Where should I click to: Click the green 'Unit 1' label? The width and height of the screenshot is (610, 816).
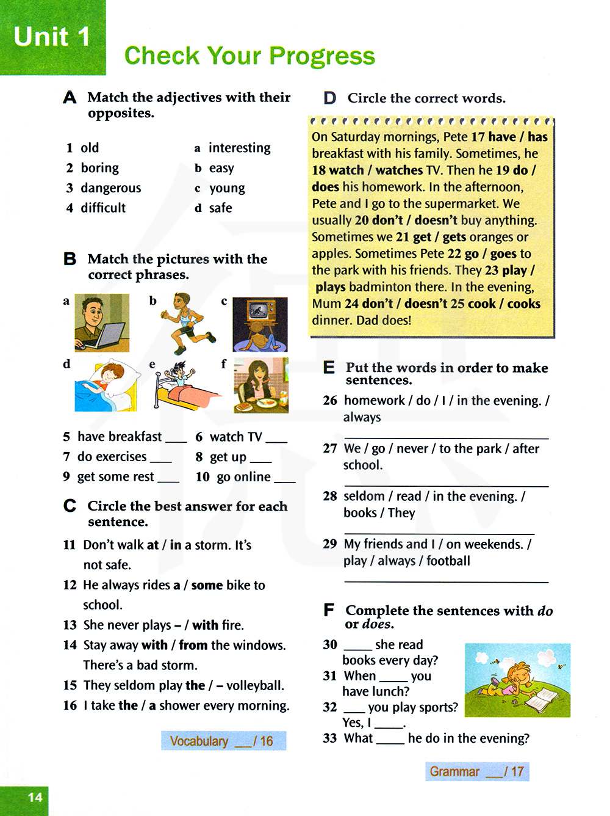tap(52, 37)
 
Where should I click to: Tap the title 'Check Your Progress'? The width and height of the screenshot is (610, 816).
tap(249, 56)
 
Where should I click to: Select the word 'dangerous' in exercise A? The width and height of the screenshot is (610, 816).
tap(110, 188)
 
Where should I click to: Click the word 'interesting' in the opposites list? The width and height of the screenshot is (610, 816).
tap(239, 148)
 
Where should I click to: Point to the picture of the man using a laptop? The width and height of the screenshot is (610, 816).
tap(102, 322)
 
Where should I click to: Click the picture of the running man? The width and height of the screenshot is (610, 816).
tap(186, 323)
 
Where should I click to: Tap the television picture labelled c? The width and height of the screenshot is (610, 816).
tap(260, 324)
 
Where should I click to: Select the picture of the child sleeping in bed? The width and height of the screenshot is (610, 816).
tap(107, 385)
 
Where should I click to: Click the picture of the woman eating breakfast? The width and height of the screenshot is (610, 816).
tap(261, 385)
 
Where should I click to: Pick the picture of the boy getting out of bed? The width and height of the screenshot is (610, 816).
tap(184, 385)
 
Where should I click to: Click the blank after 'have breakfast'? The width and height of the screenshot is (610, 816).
tap(176, 439)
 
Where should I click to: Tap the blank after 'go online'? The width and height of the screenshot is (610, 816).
tap(284, 479)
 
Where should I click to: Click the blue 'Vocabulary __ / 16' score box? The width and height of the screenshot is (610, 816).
tap(223, 741)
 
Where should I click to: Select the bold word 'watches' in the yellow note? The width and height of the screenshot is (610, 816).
tap(399, 170)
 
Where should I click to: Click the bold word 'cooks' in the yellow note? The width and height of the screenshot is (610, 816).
tap(523, 304)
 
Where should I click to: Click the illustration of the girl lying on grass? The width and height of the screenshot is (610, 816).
tap(517, 680)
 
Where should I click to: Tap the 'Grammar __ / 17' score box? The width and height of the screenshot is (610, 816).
tap(477, 771)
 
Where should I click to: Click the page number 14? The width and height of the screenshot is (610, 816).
tap(35, 797)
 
